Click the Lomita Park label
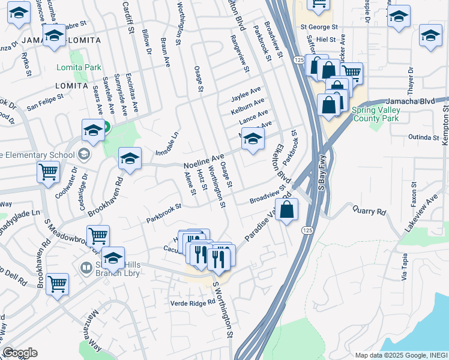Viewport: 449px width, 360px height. coord(79,68)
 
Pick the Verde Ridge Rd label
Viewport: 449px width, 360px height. coord(193,303)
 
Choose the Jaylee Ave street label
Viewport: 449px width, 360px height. coord(246,94)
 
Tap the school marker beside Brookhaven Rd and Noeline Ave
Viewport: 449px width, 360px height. coord(130,159)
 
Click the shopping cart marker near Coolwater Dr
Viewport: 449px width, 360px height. coord(48,172)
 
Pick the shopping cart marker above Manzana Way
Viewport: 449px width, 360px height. coord(58,284)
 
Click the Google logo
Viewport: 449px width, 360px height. coord(20,353)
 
